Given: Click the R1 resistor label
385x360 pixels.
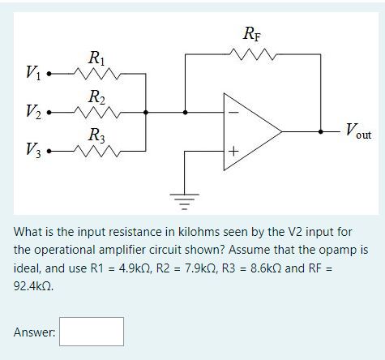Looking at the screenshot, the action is tap(96, 58).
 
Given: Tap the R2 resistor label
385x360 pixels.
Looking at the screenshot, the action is tap(96, 97).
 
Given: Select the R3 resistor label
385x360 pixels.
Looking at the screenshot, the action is tap(96, 135).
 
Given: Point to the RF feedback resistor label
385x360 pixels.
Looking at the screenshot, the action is tap(252, 34).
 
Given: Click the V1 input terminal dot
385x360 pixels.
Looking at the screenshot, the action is tap(49, 74).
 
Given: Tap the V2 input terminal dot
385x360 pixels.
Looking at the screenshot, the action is tap(49, 112).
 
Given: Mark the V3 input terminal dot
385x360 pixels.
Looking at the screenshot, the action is tap(49, 151).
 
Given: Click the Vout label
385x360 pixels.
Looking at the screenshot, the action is tap(359, 131).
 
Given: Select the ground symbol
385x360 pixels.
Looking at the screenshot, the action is tap(185, 201).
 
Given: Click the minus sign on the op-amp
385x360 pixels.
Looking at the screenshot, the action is tap(234, 113).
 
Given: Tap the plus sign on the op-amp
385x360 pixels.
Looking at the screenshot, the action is tap(234, 151).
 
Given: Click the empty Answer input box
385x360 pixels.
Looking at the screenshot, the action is tap(92, 332).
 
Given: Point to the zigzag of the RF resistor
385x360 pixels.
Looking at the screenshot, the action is tap(252, 54).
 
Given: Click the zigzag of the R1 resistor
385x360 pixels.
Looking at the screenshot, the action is tap(96, 73).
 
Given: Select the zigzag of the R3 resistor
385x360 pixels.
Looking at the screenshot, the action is tap(96, 151).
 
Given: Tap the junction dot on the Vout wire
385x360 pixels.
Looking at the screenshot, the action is tap(320, 131).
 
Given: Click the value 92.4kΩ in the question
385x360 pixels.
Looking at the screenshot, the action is tap(33, 286).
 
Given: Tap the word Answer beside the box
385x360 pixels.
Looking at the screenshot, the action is tap(34, 332).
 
